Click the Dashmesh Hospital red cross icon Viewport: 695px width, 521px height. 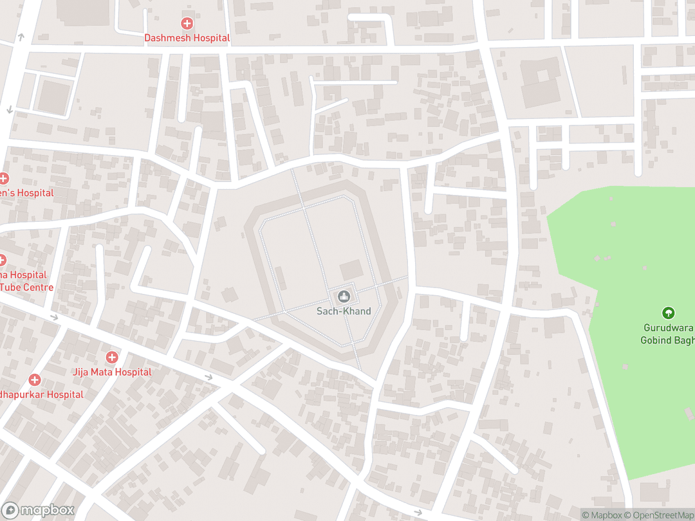[187, 24]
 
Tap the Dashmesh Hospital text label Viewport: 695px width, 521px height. [187, 38]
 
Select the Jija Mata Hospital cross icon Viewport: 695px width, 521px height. [112, 357]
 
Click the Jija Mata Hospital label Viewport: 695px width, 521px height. [112, 372]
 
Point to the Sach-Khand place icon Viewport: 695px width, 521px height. [344, 296]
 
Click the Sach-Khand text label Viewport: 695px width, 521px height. [344, 311]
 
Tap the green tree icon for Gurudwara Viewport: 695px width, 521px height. [668, 313]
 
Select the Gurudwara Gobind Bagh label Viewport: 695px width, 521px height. [667, 334]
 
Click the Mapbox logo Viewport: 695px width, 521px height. [39, 510]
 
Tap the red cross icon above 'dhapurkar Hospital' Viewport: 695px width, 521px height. [34, 380]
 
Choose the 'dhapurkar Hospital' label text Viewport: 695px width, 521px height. [42, 394]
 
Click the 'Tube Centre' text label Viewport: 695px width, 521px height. [27, 287]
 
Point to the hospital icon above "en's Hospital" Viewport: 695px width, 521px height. [3, 178]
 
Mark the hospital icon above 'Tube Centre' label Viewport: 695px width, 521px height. [2, 260]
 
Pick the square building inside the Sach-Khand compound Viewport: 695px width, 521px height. [351, 270]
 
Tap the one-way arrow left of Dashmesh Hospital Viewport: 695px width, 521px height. [21, 37]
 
